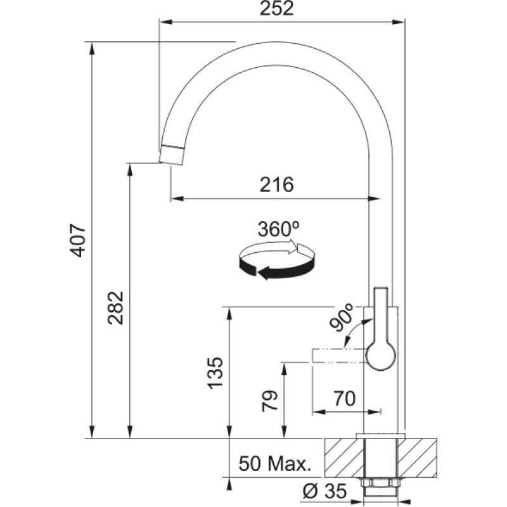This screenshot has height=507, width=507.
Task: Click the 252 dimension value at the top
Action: pyautogui.click(x=277, y=9)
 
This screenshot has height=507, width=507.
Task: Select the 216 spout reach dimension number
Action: pyautogui.click(x=277, y=184)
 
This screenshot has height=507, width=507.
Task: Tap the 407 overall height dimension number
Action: pyautogui.click(x=79, y=240)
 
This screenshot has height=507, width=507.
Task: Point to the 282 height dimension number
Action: pyautogui.click(x=116, y=308)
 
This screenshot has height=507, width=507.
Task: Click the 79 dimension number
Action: pyautogui.click(x=270, y=401)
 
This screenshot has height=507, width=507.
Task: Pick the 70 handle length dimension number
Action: pyautogui.click(x=345, y=399)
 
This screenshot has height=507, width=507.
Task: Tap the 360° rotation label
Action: pyautogui.click(x=278, y=229)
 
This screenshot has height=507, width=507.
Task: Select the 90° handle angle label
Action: pyautogui.click(x=342, y=318)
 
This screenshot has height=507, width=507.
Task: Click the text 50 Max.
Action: pyautogui.click(x=275, y=464)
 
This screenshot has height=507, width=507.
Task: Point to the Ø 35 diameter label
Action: pyautogui.click(x=324, y=491)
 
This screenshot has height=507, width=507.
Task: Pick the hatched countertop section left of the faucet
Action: pyautogui.click(x=344, y=458)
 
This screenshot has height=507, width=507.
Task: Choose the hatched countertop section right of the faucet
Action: pyautogui.click(x=417, y=458)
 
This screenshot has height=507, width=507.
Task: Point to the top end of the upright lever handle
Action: pyautogui.click(x=381, y=288)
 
